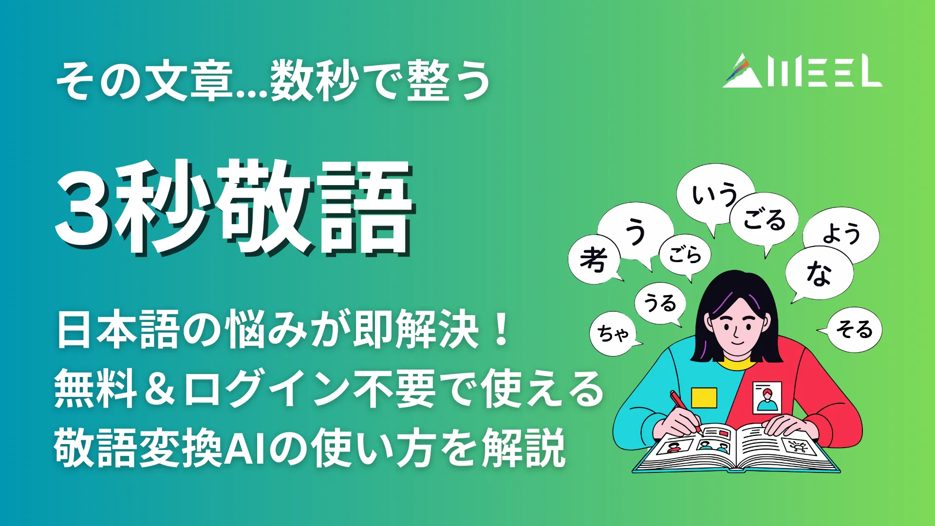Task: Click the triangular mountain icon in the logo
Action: (743, 72)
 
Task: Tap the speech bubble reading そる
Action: (855, 329)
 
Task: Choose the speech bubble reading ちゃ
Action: (613, 334)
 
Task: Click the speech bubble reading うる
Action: (660, 303)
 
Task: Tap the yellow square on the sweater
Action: (704, 397)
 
